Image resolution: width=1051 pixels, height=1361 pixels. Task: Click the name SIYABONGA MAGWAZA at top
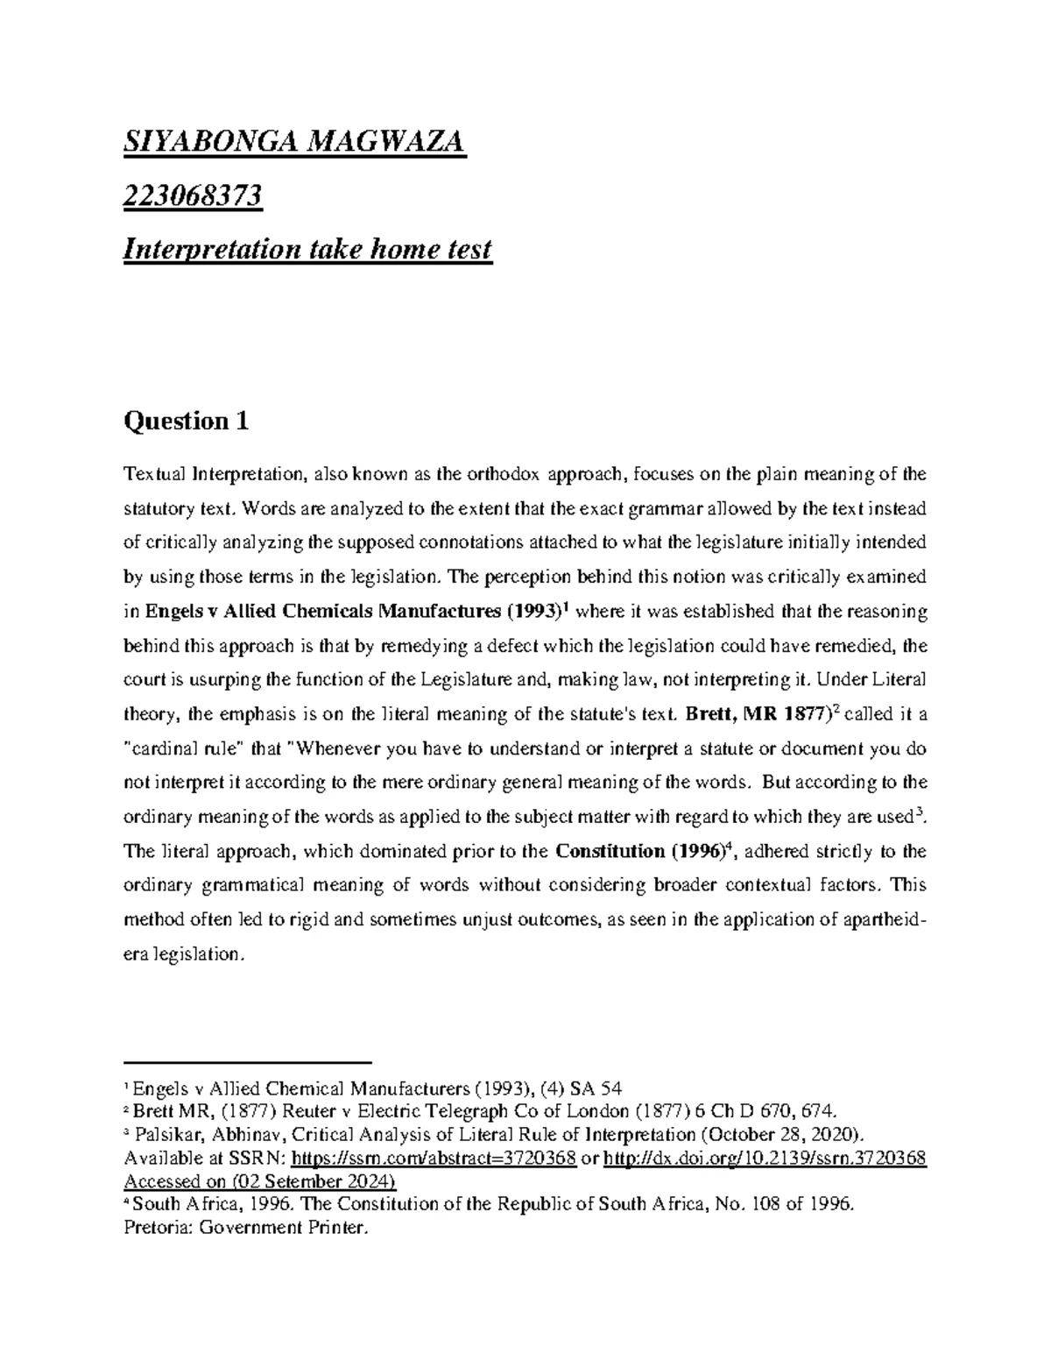[295, 142]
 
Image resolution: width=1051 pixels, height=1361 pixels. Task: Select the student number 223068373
[193, 196]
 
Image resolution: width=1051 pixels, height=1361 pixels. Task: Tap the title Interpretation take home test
[307, 251]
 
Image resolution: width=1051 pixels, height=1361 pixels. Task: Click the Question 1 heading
[187, 422]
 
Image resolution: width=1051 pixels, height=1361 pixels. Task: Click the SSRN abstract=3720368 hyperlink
[433, 1159]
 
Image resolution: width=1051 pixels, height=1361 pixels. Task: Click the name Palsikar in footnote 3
[166, 1136]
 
